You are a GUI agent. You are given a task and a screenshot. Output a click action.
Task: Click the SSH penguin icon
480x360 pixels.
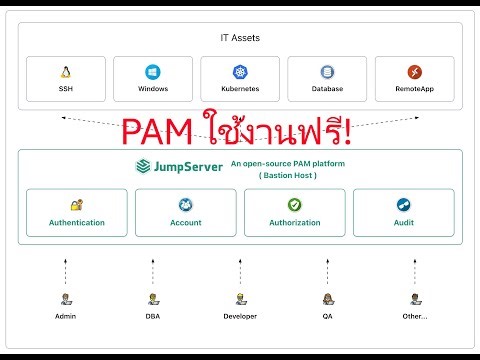coord(65,72)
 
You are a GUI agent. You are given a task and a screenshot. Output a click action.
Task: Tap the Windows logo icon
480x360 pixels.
coord(153,72)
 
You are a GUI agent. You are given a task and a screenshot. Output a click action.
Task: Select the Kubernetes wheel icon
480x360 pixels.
coord(240,72)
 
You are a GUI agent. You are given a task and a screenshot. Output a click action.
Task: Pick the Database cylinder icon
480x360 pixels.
coord(327,72)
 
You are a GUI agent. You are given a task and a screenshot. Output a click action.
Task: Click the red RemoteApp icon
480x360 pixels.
coord(414,72)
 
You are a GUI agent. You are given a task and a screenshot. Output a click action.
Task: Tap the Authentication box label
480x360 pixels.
coord(77,222)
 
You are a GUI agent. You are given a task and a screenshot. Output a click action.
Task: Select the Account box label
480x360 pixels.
coord(186,222)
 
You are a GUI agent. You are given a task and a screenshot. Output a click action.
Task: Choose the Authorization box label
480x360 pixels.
coord(294,222)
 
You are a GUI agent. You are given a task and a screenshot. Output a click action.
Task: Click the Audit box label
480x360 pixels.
coord(403,222)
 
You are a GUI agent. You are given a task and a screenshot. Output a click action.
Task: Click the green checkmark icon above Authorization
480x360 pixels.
coord(294,204)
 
